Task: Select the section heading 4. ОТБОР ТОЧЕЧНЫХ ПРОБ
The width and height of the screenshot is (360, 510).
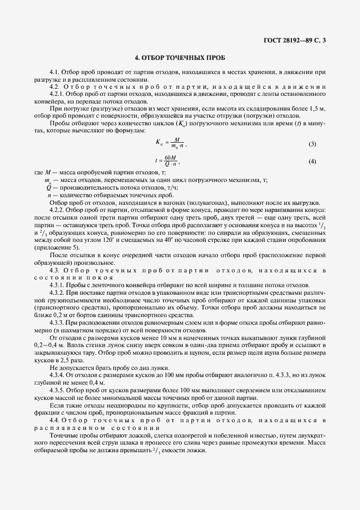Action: pyautogui.click(x=180, y=57)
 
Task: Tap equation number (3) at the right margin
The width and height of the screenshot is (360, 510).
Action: pyautogui.click(x=312, y=144)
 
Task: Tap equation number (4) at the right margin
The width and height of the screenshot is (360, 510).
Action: pyautogui.click(x=312, y=161)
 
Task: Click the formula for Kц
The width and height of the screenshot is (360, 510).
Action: pyautogui.click(x=170, y=144)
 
